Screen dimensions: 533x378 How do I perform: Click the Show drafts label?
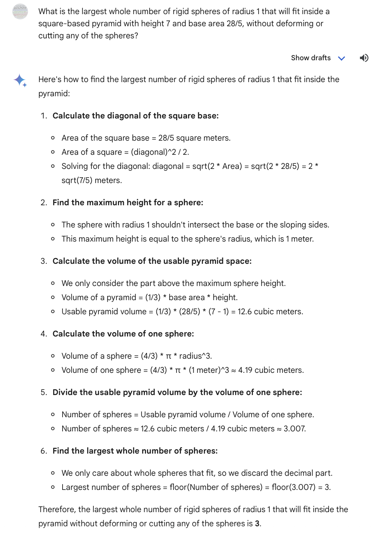click(x=310, y=58)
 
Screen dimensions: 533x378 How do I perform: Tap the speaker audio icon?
click(x=364, y=58)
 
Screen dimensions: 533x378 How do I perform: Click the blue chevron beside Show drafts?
click(x=342, y=58)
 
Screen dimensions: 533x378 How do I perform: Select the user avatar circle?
click(x=20, y=11)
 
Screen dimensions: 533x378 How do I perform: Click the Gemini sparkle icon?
click(x=20, y=80)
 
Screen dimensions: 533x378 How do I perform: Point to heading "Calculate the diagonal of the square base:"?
click(x=136, y=116)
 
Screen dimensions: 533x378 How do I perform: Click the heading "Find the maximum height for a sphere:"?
click(x=128, y=203)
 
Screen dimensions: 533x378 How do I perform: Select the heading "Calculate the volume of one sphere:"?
click(x=123, y=334)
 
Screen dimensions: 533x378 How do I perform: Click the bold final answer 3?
click(x=257, y=524)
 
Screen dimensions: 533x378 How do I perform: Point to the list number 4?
click(x=43, y=334)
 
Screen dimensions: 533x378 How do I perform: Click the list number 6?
click(x=43, y=451)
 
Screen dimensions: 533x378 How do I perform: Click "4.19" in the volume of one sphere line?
click(x=245, y=370)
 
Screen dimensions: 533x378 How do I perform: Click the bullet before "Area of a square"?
click(x=53, y=152)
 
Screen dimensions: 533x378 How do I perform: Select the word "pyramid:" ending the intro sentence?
click(x=54, y=94)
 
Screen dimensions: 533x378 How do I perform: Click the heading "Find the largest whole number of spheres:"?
click(x=135, y=451)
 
